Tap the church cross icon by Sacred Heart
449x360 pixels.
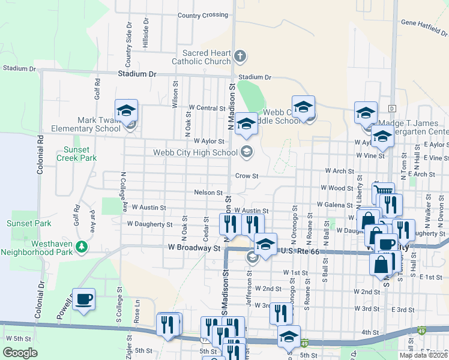pyautogui.click(x=240, y=57)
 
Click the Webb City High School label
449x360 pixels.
pyautogui.click(x=196, y=152)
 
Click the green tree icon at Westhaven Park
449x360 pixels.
pyautogui.click(x=82, y=246)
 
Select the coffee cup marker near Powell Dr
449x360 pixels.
pyautogui.click(x=84, y=299)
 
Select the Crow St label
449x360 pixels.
pyautogui.click(x=246, y=176)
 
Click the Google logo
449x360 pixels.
pyautogui.click(x=20, y=353)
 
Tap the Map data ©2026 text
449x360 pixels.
pyautogui.click(x=423, y=355)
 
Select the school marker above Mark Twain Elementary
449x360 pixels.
pyautogui.click(x=127, y=110)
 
